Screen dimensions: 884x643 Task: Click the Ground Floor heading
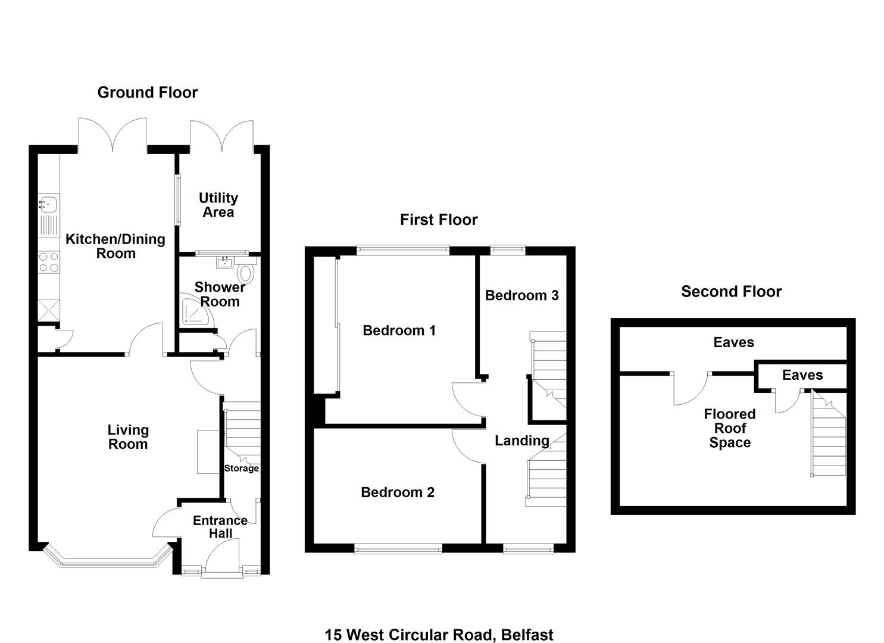147,93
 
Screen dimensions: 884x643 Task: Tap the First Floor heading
439,220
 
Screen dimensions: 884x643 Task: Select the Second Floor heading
731,292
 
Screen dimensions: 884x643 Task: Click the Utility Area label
218,205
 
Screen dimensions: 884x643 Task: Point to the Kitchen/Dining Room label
115,246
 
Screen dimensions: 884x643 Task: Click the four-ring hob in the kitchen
49,262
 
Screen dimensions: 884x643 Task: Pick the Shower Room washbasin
225,262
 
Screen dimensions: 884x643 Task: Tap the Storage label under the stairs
242,468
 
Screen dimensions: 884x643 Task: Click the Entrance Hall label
220,527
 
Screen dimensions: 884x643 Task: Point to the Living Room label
128,437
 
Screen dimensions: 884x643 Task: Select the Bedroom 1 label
399,330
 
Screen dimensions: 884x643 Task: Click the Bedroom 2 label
398,492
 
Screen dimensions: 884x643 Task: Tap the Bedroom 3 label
521,295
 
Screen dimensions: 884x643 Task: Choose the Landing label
521,441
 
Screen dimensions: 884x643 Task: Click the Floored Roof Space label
730,428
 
